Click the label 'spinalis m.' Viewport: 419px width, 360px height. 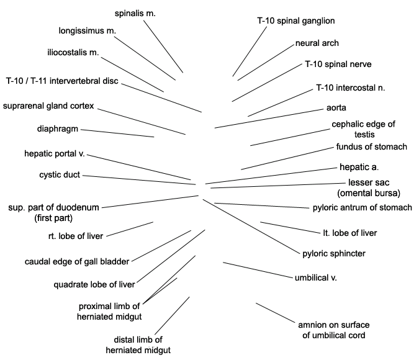[x=135, y=14]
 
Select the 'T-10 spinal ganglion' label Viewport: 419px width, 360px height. [x=296, y=21]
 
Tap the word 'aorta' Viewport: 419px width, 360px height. [x=336, y=108]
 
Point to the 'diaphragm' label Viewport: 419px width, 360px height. [x=58, y=129]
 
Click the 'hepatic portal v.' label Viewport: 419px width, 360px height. [x=55, y=154]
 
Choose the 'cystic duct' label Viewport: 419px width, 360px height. [x=60, y=175]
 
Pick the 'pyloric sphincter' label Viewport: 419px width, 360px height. [x=334, y=254]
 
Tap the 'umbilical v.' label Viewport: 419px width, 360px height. [x=315, y=277]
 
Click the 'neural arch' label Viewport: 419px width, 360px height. [x=317, y=43]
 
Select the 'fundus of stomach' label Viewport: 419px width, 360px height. [x=371, y=146]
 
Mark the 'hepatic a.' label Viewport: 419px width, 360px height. [x=359, y=167]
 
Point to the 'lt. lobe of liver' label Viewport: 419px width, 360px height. [x=350, y=233]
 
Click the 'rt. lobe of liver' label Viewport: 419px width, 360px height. [x=76, y=236]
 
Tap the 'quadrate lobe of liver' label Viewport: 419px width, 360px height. [x=94, y=285]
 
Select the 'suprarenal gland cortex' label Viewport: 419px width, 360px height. [x=48, y=106]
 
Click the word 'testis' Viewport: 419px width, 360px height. [x=364, y=135]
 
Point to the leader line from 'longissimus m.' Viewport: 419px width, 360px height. [x=145, y=58]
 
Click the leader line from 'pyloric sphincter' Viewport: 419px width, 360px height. [x=251, y=226]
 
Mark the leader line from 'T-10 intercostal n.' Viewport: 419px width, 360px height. [x=280, y=103]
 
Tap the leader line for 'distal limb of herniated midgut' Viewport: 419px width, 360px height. [x=172, y=316]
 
